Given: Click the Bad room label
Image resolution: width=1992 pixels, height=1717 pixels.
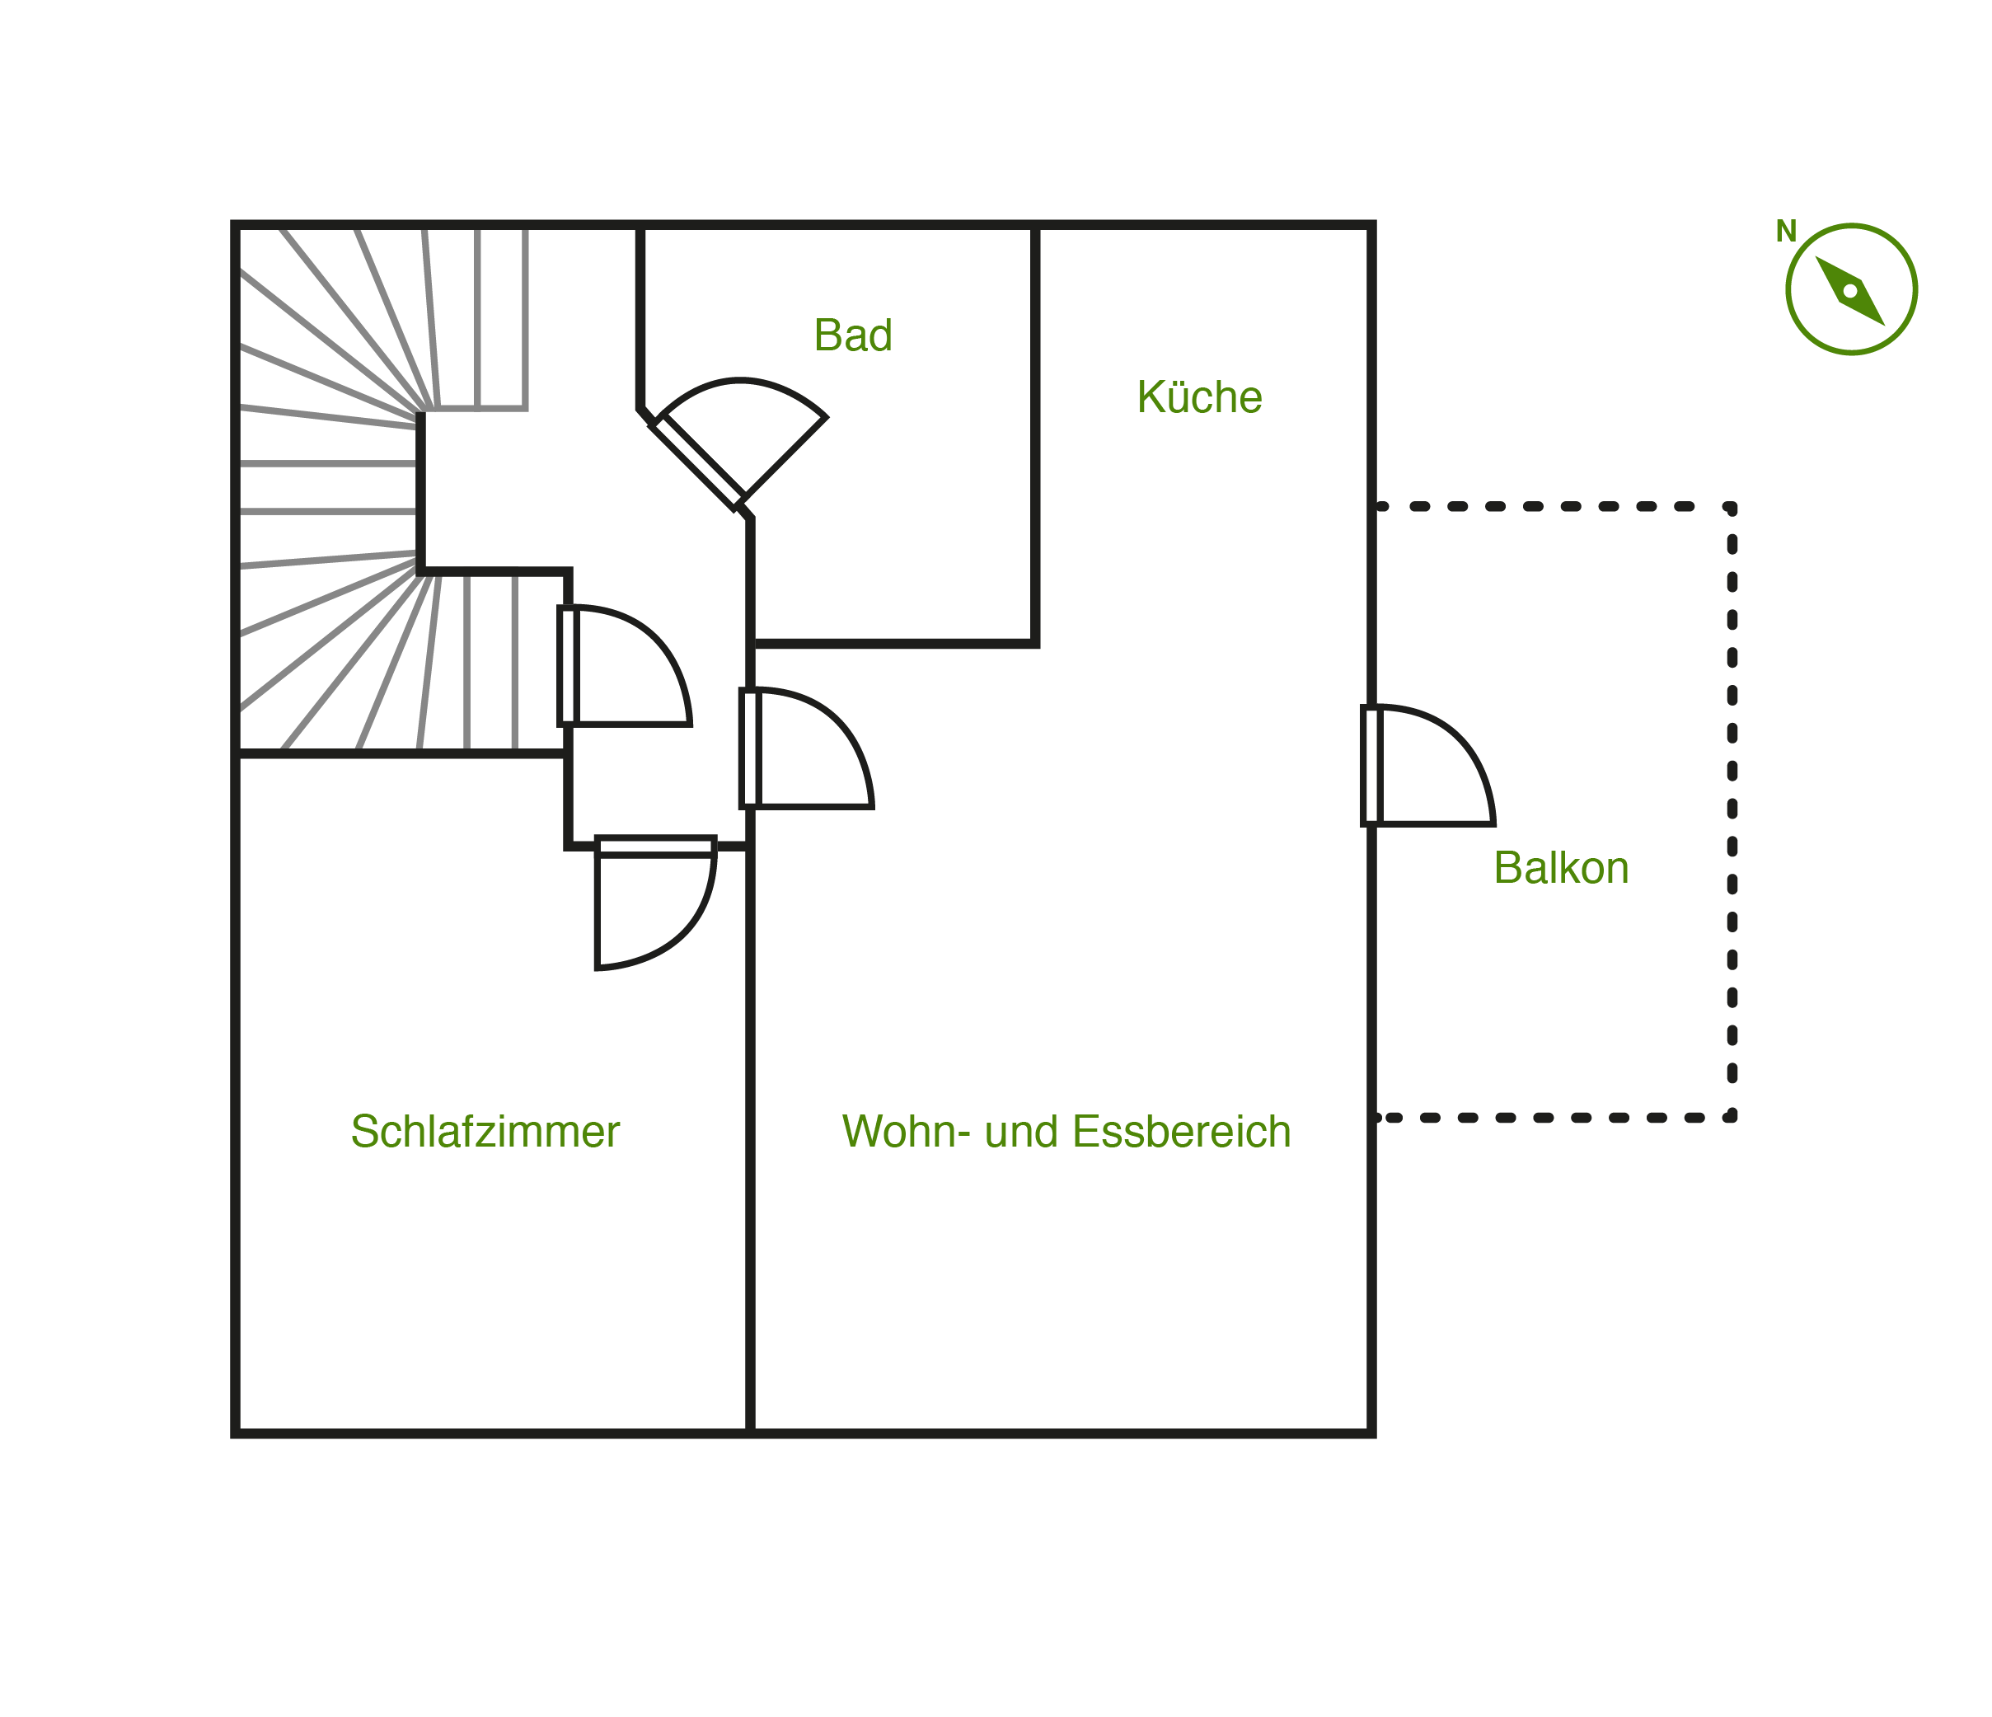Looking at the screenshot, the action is click(x=853, y=335).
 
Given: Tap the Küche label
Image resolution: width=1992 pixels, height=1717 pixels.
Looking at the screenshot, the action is click(x=1199, y=396).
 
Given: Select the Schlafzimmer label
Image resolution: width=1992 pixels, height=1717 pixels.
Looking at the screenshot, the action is click(x=485, y=1132).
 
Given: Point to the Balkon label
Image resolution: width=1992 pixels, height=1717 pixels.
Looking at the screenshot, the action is click(x=1561, y=868).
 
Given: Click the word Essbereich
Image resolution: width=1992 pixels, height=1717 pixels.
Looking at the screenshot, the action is click(x=1182, y=1132).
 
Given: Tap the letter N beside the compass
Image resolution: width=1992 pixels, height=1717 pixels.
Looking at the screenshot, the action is click(x=1785, y=232).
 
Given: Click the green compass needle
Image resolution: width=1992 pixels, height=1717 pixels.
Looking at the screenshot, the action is click(x=1849, y=290).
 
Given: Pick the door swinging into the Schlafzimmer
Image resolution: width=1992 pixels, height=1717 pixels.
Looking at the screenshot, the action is click(x=656, y=903).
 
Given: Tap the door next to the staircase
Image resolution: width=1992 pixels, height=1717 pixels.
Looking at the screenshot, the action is click(x=625, y=666).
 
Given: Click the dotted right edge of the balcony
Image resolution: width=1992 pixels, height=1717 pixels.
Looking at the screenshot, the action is click(x=1732, y=813).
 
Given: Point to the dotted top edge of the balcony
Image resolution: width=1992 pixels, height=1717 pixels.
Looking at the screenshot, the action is click(x=1554, y=507).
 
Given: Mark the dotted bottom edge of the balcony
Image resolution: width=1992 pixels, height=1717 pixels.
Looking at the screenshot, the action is click(x=1554, y=1118).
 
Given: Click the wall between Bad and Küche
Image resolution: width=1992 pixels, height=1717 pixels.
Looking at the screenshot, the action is click(x=1035, y=434).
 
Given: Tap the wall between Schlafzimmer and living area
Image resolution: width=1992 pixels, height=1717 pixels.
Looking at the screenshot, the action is click(x=750, y=1140).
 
